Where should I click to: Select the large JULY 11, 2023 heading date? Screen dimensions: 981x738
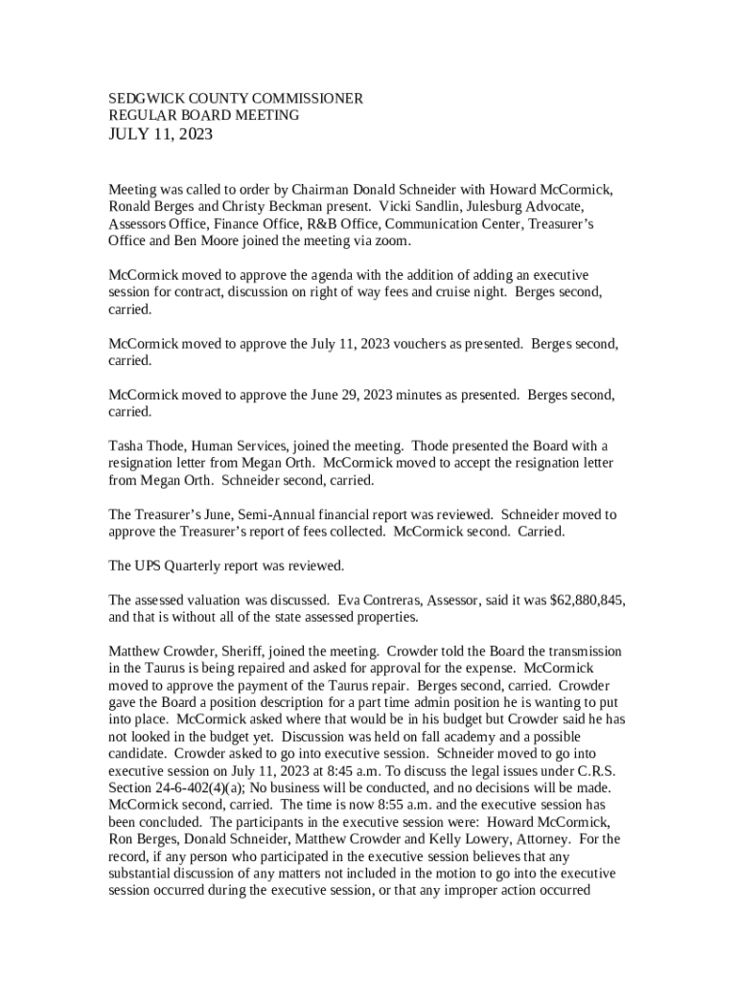pyautogui.click(x=160, y=134)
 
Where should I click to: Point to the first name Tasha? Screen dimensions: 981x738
pyautogui.click(x=126, y=445)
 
